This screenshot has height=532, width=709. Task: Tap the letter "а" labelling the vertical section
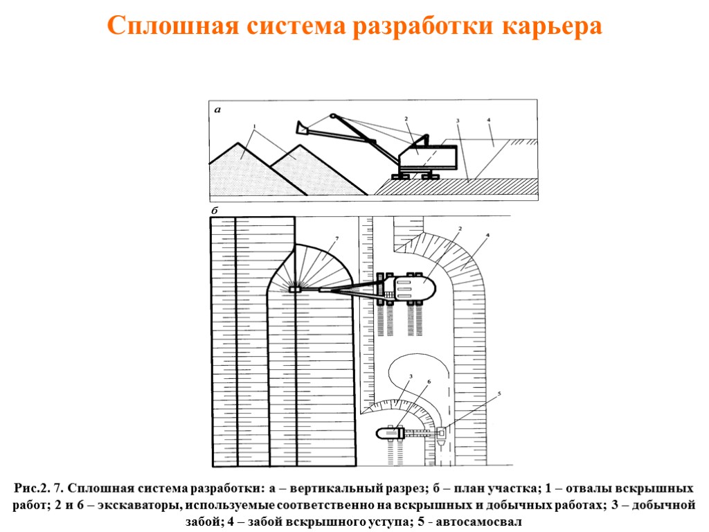(x=217, y=109)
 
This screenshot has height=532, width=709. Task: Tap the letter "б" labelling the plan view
(x=215, y=209)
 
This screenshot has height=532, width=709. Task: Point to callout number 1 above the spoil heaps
(x=255, y=126)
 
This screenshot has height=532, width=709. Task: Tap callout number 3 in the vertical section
(x=458, y=121)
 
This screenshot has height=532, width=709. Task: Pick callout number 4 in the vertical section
(x=489, y=121)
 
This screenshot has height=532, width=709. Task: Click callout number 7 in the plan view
(x=336, y=239)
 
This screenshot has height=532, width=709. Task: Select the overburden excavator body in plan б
(x=413, y=287)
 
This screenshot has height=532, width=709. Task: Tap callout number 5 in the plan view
(x=499, y=395)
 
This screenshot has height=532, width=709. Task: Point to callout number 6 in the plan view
(x=429, y=382)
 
